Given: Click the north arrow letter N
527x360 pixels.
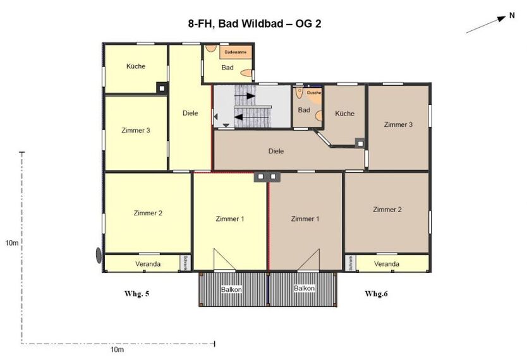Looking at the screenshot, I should [x=512, y=17].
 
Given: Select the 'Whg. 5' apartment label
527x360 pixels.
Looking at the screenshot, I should [x=137, y=294].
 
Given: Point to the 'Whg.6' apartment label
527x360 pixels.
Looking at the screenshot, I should [x=377, y=294].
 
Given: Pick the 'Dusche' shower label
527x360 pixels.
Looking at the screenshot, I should [x=314, y=93].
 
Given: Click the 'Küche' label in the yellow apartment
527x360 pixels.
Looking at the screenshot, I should [x=136, y=66].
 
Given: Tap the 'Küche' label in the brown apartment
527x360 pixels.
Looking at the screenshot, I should [x=344, y=114].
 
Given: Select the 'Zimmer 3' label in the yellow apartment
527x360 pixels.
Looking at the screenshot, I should [x=135, y=131].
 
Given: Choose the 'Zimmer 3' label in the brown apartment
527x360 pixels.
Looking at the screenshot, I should [x=398, y=124].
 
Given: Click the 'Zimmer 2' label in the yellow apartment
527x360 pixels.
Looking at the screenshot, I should [x=148, y=213].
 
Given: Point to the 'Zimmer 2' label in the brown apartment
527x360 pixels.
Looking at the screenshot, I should [x=387, y=209].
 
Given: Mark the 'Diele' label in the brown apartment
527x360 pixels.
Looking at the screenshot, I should [x=276, y=151].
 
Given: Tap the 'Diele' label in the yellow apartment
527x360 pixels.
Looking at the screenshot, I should [x=190, y=114].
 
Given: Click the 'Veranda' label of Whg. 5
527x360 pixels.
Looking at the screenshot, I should [x=148, y=263].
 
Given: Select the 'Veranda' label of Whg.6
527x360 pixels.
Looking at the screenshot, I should [x=387, y=263].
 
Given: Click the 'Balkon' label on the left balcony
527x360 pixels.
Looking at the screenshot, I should [x=231, y=289].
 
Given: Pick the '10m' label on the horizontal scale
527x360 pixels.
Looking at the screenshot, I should [x=117, y=349].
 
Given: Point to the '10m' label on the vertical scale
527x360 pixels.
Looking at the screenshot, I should [x=11, y=243].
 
